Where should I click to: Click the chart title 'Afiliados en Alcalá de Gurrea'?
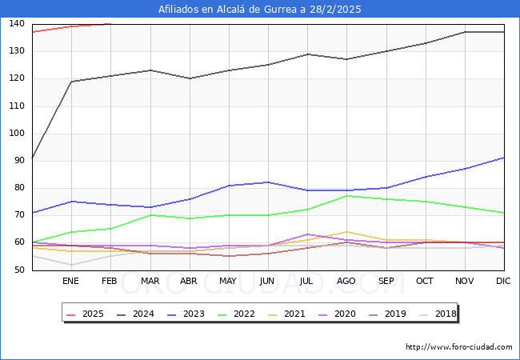(x=260, y=10)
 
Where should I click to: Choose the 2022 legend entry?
(x=239, y=314)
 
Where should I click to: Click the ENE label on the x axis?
(x=71, y=282)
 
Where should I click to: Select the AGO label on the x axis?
(x=346, y=282)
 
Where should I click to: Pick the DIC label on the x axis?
(x=503, y=282)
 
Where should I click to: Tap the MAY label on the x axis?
(x=228, y=282)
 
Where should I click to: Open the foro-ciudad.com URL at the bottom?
(x=458, y=347)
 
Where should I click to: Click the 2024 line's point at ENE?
(x=71, y=82)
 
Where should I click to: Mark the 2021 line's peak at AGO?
(x=346, y=232)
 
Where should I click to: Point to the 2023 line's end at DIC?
(x=503, y=158)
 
